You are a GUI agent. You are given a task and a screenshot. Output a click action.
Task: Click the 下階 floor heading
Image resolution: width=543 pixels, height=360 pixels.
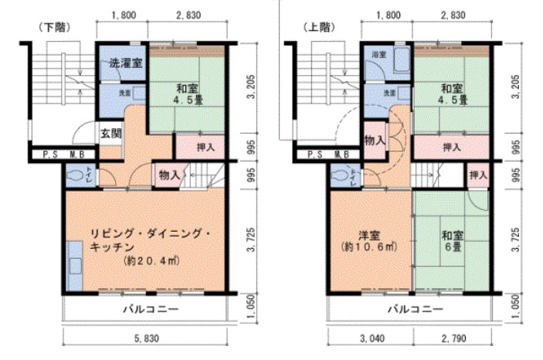[54, 26]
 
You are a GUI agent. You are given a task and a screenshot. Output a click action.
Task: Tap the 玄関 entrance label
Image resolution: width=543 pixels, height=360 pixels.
[110, 132]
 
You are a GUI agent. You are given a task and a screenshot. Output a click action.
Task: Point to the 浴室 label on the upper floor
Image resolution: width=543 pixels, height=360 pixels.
[378, 55]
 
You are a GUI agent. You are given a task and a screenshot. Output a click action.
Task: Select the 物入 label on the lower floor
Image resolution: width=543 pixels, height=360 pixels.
[169, 175]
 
